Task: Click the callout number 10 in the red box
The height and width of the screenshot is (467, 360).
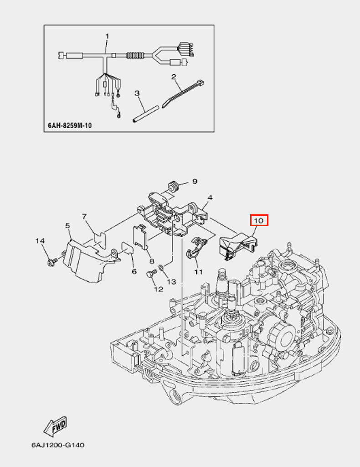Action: (259, 221)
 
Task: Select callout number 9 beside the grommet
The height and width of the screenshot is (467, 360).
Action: (195, 182)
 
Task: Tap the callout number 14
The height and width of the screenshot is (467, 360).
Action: (41, 240)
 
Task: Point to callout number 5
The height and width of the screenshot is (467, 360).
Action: (67, 226)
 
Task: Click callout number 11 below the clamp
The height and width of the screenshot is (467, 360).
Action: (198, 272)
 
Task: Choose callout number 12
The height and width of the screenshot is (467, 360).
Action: (158, 289)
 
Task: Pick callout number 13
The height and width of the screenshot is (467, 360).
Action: (171, 282)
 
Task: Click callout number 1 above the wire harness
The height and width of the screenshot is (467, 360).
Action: (108, 36)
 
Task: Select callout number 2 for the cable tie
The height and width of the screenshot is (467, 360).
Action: (174, 77)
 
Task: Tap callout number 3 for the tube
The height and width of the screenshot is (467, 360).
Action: (137, 93)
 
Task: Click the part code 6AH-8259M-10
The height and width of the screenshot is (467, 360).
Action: (70, 125)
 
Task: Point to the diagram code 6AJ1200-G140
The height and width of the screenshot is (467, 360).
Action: (58, 445)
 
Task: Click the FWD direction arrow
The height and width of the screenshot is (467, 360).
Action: (56, 426)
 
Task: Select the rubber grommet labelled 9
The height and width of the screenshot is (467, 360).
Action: (172, 186)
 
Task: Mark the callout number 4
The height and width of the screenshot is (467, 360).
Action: (210, 198)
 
